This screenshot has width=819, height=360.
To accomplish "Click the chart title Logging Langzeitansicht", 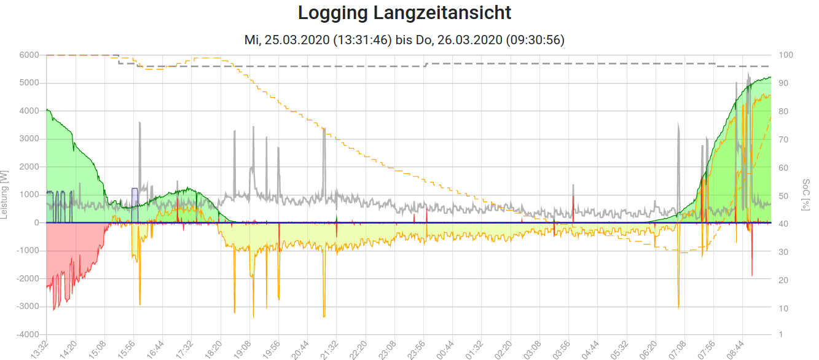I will pos(404,12).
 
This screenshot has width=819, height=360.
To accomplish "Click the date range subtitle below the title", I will pos(404,40).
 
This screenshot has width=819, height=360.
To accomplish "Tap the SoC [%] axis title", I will pos(805,195).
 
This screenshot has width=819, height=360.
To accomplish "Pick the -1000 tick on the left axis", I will pos(29,251).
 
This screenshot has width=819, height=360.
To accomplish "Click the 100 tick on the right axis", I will pos(786,55).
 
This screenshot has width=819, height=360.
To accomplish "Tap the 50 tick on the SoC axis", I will pos(784,195).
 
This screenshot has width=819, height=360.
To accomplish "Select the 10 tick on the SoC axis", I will pos(784,307).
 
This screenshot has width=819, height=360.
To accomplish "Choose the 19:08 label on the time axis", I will pos(242,348).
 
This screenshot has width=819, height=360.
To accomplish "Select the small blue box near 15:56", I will pos(135,198).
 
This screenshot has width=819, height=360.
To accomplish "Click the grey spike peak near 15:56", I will pos(140,123).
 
